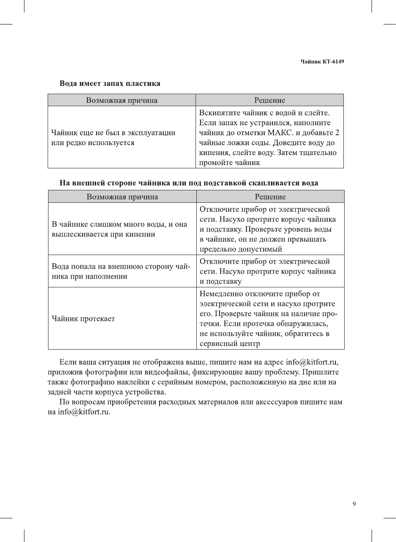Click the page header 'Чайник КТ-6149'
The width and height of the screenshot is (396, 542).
click(x=322, y=62)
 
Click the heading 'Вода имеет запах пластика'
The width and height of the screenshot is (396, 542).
click(x=110, y=83)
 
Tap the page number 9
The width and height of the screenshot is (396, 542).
click(x=354, y=504)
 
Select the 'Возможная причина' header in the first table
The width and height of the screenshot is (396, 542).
click(x=122, y=100)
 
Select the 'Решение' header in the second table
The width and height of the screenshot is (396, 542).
click(x=270, y=197)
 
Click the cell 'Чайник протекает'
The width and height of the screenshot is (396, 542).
click(x=83, y=318)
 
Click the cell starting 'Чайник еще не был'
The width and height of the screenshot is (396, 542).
click(x=113, y=138)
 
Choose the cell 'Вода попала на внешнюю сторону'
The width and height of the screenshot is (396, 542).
click(x=121, y=271)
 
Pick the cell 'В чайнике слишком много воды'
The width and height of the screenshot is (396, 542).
click(x=119, y=229)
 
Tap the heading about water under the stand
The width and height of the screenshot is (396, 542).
click(x=189, y=183)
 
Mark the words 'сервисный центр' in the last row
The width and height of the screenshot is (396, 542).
click(x=230, y=343)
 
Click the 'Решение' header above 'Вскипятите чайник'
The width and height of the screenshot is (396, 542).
click(x=270, y=100)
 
